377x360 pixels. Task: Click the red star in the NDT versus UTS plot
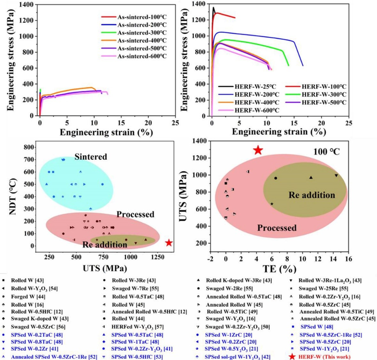[x=169, y=243]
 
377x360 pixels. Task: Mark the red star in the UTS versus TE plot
[x=258, y=150]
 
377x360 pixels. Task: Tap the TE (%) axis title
[x=279, y=268]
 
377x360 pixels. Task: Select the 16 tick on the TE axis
[x=348, y=258]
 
